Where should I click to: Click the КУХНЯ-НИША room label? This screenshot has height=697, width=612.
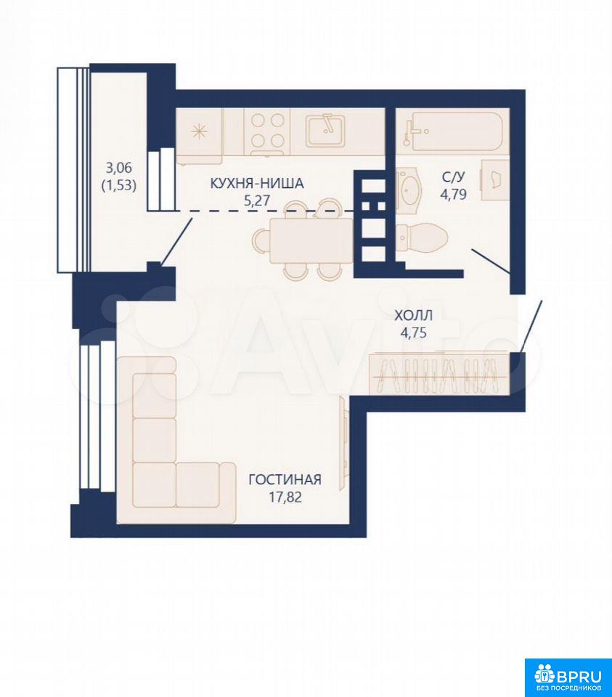[257, 183]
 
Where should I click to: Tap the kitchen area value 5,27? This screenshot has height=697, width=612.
[257, 200]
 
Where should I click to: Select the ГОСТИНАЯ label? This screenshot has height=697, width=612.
[285, 480]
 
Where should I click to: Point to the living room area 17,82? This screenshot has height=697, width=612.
[285, 497]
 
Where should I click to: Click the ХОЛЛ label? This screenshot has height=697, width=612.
[413, 316]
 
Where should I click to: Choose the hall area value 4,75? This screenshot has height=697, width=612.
[414, 333]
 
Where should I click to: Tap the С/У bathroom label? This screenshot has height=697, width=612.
[453, 177]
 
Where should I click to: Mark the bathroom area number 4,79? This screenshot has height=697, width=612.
[453, 195]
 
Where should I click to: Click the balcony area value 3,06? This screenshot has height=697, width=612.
[118, 168]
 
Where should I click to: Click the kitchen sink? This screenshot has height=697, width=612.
[325, 130]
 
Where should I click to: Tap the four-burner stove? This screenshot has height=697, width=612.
[267, 131]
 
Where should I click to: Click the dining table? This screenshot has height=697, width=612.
[311, 240]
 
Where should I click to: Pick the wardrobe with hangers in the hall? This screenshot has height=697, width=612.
[439, 373]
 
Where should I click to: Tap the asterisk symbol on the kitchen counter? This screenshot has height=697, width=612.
[198, 132]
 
